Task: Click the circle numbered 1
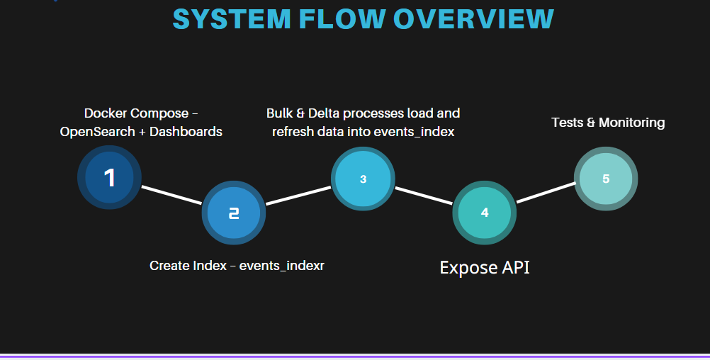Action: [x=109, y=177]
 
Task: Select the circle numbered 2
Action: [x=233, y=213]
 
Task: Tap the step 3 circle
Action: [x=363, y=179]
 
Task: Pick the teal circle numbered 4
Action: [x=485, y=213]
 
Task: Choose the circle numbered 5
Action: [x=606, y=179]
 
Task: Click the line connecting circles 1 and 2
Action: [x=171, y=195]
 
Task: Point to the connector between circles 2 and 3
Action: [x=298, y=196]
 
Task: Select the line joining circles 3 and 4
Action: [x=424, y=196]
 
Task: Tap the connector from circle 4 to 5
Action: [x=546, y=193]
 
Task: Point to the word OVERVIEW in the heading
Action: [x=474, y=19]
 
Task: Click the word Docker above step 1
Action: [x=106, y=113]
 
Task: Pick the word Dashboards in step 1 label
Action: [x=188, y=132]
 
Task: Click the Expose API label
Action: [x=485, y=268]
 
